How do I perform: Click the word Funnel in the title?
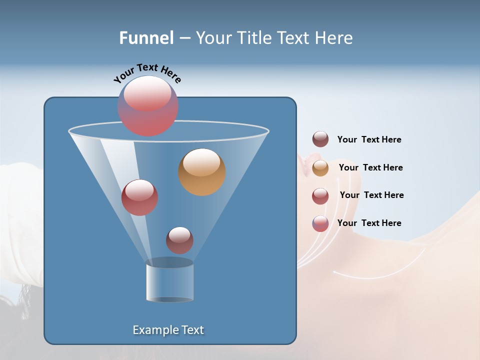[146, 38]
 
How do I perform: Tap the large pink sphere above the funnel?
[148, 106]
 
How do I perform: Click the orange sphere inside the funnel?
[201, 172]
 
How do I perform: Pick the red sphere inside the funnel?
[139, 197]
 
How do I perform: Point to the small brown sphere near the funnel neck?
[179, 240]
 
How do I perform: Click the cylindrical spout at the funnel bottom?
[169, 281]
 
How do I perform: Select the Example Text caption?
[168, 330]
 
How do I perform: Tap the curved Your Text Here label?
[147, 72]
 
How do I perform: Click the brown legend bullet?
[320, 139]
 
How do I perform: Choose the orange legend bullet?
[320, 167]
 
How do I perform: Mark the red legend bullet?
[320, 195]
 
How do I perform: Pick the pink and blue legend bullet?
[320, 223]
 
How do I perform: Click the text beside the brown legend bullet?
[369, 140]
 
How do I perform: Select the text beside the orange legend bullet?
[370, 167]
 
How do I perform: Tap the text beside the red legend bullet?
[371, 195]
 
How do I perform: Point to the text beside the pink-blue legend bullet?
[369, 223]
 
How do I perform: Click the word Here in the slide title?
[335, 38]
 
